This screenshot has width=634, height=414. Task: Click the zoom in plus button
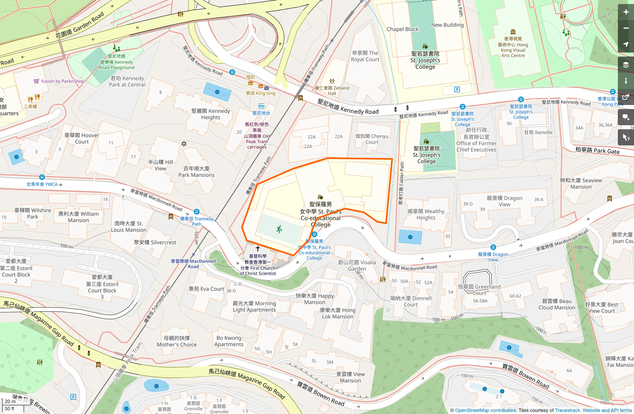[x=626, y=12]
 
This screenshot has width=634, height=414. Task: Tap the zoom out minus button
[x=626, y=28]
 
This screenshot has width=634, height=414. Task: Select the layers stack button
[x=626, y=65]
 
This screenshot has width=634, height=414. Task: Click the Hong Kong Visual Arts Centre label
[x=513, y=47]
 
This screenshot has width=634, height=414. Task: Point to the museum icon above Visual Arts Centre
[x=513, y=32]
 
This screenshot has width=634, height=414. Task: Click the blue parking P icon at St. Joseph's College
[x=457, y=90]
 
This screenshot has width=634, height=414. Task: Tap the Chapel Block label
[x=402, y=29]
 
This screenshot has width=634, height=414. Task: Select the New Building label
[x=447, y=25]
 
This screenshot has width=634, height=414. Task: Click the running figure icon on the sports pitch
[x=279, y=230]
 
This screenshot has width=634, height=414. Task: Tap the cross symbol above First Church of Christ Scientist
[x=258, y=248]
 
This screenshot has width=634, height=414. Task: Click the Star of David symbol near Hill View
[x=184, y=144]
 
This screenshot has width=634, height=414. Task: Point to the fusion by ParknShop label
[x=62, y=81]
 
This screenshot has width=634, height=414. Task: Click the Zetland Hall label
[x=332, y=91]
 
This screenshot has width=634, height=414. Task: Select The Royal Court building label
[x=365, y=56]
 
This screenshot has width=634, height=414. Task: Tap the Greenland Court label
[x=479, y=289]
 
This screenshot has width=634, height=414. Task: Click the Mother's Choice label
[x=176, y=341]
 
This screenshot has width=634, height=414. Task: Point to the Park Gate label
[x=597, y=150]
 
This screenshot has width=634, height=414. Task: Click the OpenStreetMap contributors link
[x=485, y=410]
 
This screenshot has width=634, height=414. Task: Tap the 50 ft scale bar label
[x=10, y=409]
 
